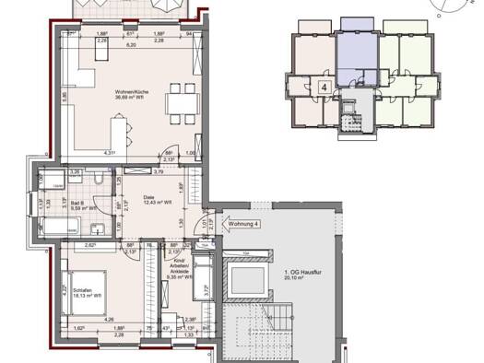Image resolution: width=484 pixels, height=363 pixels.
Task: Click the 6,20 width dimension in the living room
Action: pyautogui.click(x=131, y=44)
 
